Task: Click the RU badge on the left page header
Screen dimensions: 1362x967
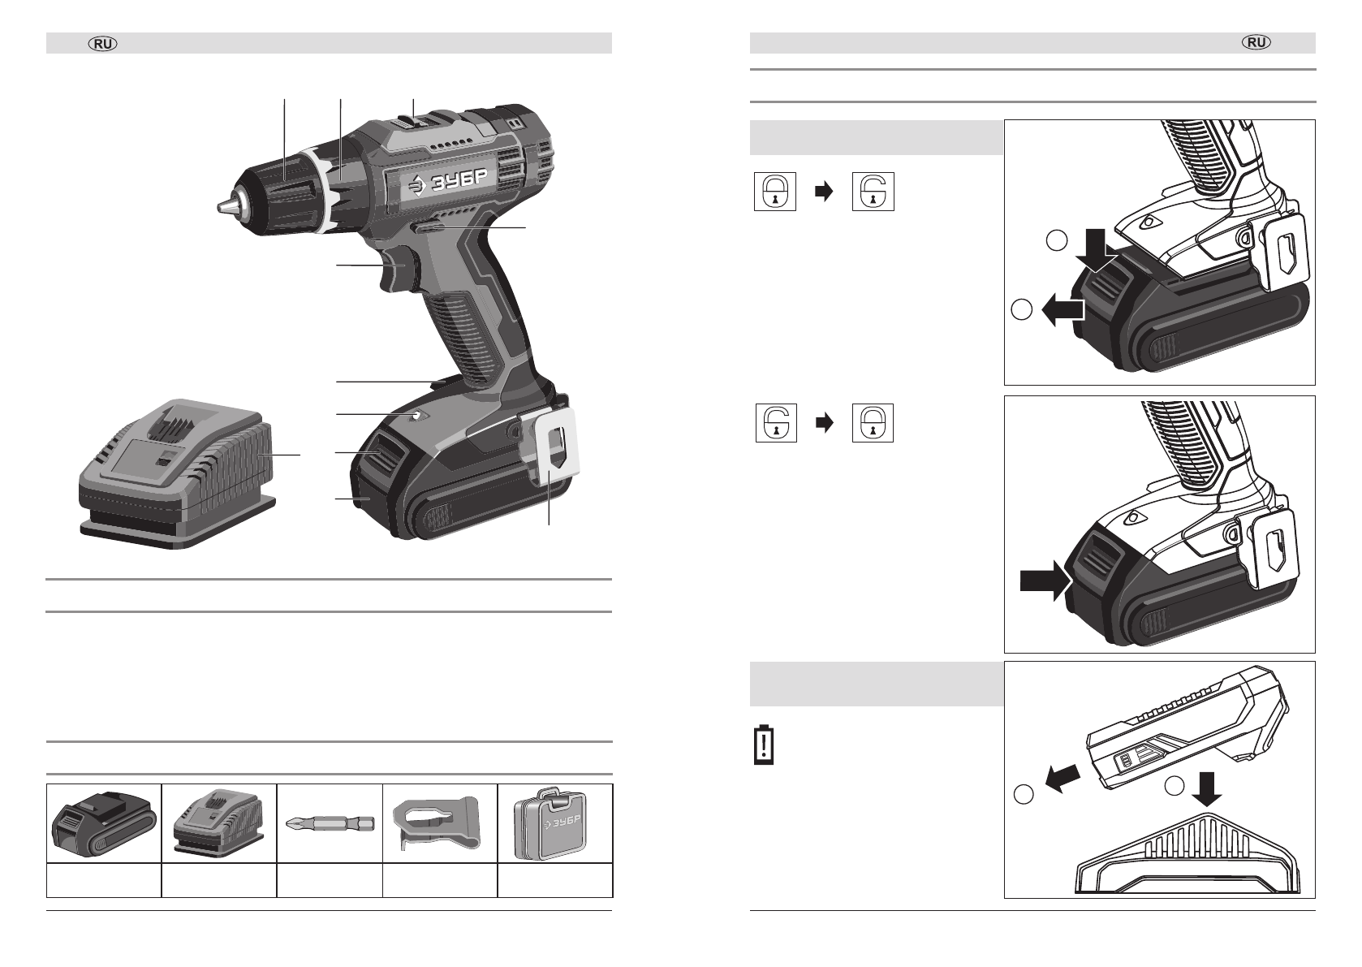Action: click(x=103, y=44)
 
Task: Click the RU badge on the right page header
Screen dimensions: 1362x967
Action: click(x=1256, y=42)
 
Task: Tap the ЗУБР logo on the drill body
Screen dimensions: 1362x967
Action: click(x=448, y=180)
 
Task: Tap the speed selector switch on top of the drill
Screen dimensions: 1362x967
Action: click(x=413, y=123)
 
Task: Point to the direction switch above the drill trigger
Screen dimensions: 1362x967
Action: click(x=429, y=227)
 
